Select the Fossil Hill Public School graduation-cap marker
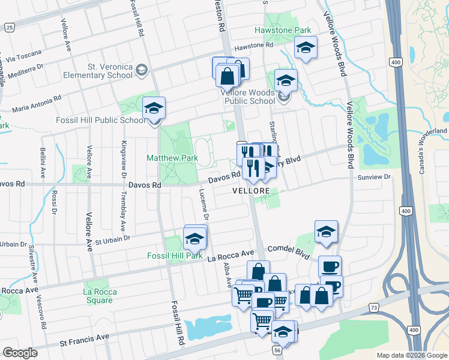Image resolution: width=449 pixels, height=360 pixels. point(154,109)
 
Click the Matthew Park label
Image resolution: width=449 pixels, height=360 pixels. point(173,158)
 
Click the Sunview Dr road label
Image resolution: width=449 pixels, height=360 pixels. point(373,177)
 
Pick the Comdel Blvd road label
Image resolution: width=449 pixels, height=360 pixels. point(288,251)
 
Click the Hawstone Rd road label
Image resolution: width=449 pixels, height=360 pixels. point(253,45)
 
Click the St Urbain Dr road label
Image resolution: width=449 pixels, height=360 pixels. point(113,239)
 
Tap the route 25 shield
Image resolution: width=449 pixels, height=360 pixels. point(9,27)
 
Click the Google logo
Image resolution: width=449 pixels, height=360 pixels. point(20,352)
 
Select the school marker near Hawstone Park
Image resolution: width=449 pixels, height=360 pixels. point(305,48)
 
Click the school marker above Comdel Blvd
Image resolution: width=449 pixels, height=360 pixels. point(326,232)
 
